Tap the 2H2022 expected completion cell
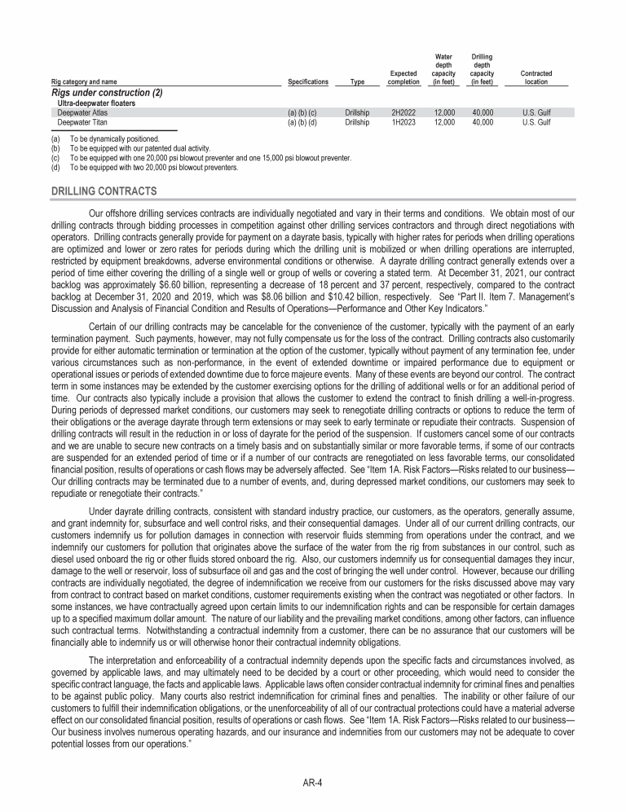[x=403, y=113]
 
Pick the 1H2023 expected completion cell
[x=403, y=122]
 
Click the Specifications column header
[x=308, y=82]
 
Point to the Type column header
[x=357, y=82]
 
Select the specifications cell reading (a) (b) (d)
[x=308, y=122]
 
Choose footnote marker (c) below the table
[x=55, y=158]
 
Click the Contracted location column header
[x=536, y=78]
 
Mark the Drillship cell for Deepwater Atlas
[x=357, y=113]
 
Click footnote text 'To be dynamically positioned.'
[x=114, y=139]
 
